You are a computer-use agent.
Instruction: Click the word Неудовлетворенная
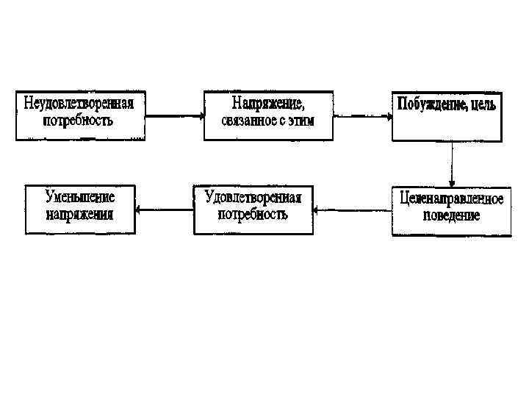click(79, 103)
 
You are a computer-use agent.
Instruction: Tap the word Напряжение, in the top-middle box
click(267, 103)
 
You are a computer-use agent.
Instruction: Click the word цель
click(481, 104)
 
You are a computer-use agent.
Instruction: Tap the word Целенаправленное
click(452, 198)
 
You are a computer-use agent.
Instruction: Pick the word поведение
click(452, 215)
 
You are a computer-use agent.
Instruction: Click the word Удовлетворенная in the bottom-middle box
click(253, 197)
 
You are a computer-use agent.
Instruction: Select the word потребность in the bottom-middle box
click(253, 214)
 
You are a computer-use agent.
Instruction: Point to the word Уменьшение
click(80, 197)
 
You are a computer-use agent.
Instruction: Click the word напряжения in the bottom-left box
click(80, 214)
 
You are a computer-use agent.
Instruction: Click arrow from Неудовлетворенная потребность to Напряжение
click(174, 115)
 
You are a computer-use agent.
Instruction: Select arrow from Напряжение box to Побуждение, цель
click(362, 115)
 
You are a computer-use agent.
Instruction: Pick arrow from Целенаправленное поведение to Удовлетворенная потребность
click(351, 210)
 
